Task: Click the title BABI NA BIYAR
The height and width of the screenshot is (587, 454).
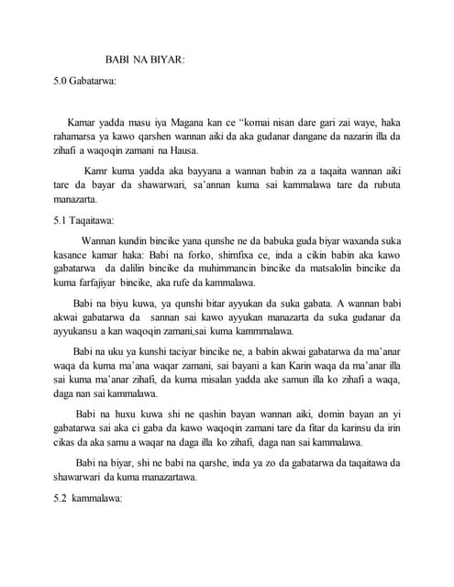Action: pos(146,60)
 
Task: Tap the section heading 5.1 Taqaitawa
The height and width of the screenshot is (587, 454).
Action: pos(85,220)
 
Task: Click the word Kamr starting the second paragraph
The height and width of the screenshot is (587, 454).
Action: pos(97,171)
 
